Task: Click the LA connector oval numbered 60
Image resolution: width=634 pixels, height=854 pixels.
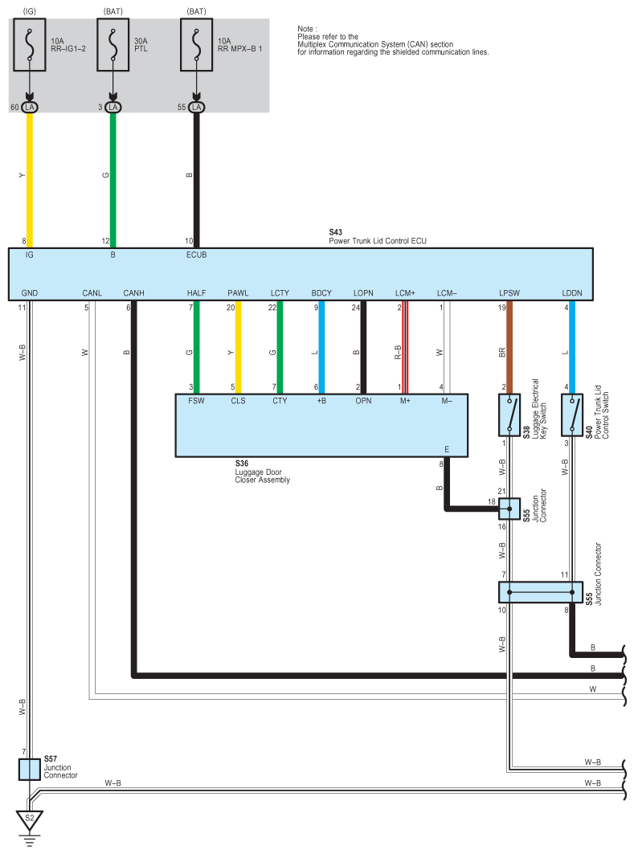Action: coord(30,107)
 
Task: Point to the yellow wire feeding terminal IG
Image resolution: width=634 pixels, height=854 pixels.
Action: coord(31,177)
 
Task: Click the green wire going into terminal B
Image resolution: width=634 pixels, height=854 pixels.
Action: coord(113,177)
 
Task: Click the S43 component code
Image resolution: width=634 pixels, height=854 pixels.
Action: coord(335,232)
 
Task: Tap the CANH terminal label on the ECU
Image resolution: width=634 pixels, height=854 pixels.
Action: coord(133,292)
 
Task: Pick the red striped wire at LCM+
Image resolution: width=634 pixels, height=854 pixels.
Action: coord(405,349)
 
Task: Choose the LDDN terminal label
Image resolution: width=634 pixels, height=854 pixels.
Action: coord(571,292)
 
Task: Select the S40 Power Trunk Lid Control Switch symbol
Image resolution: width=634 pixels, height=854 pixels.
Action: coord(571,415)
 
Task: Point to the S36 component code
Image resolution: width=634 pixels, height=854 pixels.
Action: coord(242,464)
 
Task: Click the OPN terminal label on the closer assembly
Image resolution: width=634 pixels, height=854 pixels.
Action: coord(363,402)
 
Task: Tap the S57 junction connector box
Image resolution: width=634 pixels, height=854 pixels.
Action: coord(30,769)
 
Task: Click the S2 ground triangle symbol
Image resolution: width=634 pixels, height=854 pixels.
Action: coord(30,820)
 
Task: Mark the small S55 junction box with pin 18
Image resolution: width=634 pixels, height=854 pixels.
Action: coord(509,509)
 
